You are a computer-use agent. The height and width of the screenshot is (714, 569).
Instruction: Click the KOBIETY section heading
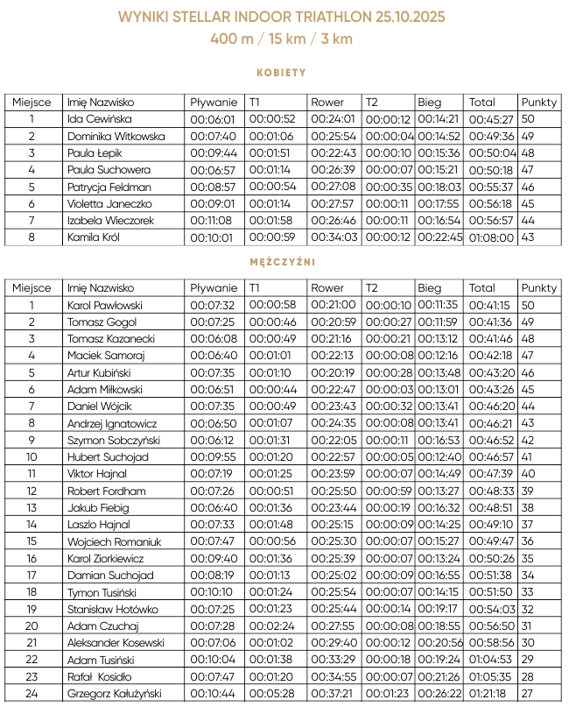coord(281,73)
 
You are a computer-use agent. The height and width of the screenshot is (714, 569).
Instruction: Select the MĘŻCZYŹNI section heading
coord(281,261)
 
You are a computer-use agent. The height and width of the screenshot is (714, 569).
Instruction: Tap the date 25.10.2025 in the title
coord(400,18)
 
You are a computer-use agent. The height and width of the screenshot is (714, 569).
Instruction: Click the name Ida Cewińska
coord(99,119)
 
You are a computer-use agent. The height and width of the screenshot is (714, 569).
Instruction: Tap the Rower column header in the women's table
coord(327,102)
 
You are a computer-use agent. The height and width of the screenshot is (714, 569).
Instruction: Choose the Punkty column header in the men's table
coord(538,287)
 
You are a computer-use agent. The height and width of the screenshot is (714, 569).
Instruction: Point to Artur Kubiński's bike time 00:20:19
coord(333,372)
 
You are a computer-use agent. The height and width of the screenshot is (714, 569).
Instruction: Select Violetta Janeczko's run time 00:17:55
coord(438,203)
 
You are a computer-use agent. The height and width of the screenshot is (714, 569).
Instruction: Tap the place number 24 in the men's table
coord(32,694)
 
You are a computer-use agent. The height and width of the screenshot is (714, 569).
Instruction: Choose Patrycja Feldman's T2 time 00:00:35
coord(388,187)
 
